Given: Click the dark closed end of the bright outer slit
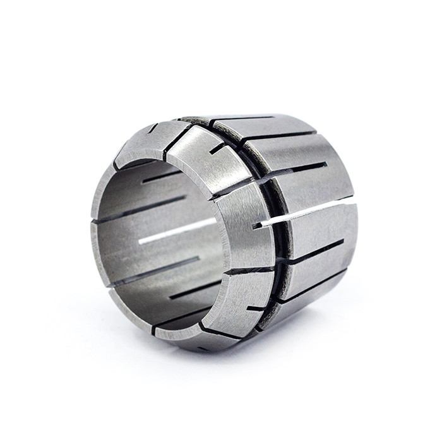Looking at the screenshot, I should [258, 225].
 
